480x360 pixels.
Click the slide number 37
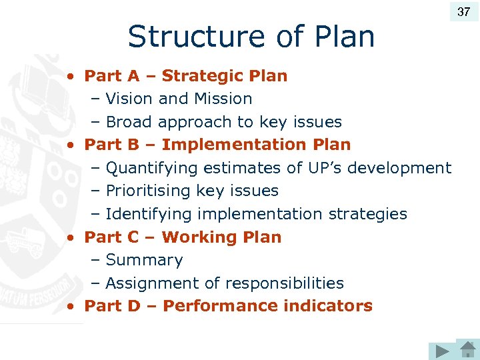coord(463,11)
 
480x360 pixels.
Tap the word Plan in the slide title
coord(346,37)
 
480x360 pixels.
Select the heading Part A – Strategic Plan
coord(185,76)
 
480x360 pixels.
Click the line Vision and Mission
coord(179,99)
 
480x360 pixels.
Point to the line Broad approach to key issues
coord(223,122)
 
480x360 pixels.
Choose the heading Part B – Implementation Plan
coord(217,145)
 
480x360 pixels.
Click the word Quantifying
coord(152,168)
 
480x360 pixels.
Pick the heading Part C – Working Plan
coord(183,237)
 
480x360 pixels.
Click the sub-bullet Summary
coord(144,260)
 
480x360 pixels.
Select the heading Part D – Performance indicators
coord(228,306)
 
